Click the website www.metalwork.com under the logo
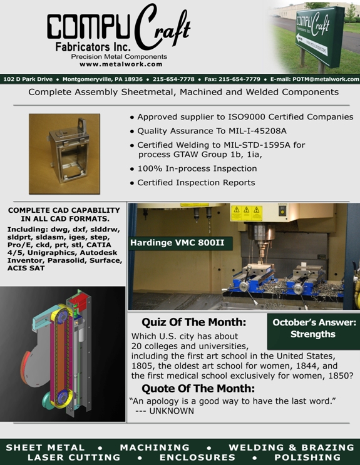point(121,64)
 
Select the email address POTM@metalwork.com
point(326,79)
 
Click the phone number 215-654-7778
point(173,79)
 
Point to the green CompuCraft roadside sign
point(320,36)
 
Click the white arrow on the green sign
point(312,45)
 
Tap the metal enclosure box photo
point(64,154)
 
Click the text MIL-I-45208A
point(257,131)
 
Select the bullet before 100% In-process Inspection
point(132,170)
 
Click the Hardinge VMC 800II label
point(177,243)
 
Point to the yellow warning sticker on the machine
point(246,213)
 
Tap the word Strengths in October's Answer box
point(313,334)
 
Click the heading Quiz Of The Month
point(194,322)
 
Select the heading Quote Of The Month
point(198,389)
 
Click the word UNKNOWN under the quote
point(172,411)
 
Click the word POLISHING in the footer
point(307,457)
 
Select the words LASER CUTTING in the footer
point(74,457)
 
